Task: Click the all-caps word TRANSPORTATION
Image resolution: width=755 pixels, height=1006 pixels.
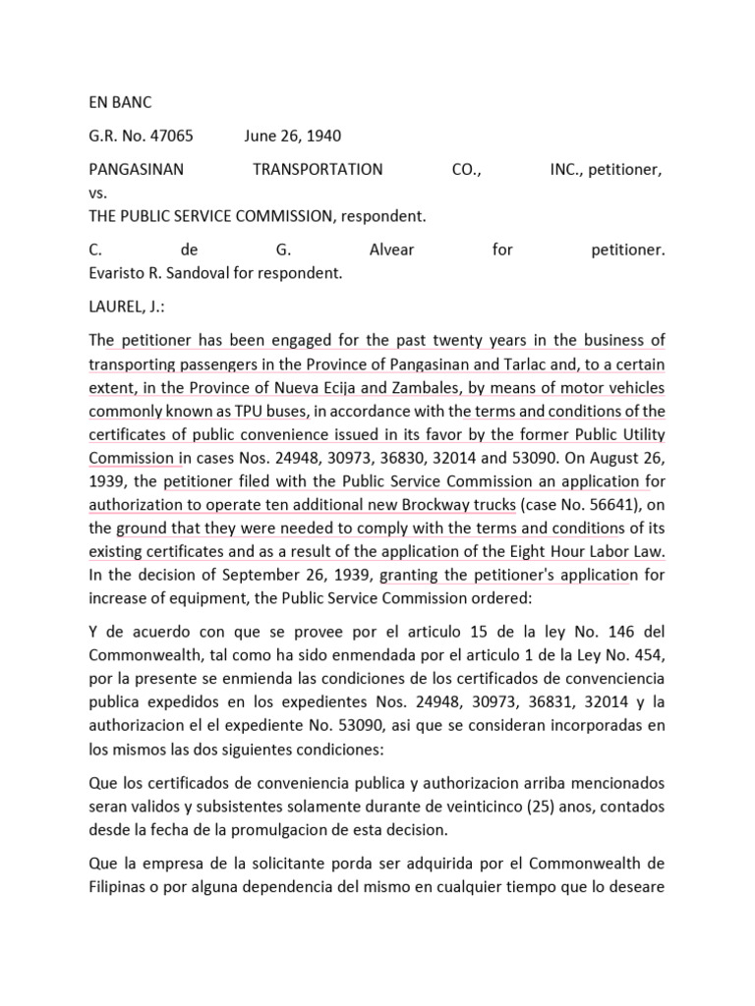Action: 318,169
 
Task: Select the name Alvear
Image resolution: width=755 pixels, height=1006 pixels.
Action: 391,250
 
